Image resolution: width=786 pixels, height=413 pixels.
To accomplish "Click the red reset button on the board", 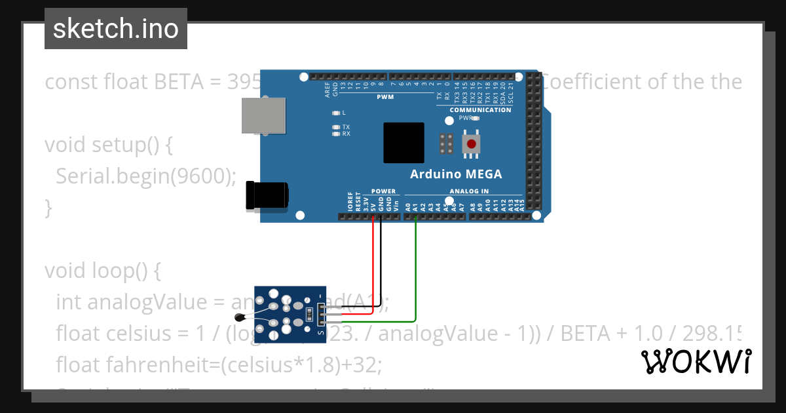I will tap(470, 144).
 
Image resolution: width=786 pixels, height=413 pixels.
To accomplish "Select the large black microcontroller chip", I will tap(403, 142).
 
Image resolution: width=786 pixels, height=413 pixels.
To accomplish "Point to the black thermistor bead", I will tap(244, 318).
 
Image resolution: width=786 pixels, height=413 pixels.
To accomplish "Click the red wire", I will tap(373, 262).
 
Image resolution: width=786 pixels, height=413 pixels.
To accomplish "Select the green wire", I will tap(416, 275).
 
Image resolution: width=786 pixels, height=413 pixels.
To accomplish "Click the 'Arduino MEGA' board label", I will tap(456, 174).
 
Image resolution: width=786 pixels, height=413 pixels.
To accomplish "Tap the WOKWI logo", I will tap(696, 362).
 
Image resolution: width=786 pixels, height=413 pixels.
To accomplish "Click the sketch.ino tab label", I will tap(115, 29).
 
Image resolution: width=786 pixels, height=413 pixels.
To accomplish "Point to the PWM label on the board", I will tap(385, 97).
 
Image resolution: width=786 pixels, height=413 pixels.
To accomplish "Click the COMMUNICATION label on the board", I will tap(480, 110).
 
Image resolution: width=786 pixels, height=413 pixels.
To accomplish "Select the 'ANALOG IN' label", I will tap(469, 191).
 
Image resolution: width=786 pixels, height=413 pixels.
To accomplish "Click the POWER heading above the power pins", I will tap(383, 191).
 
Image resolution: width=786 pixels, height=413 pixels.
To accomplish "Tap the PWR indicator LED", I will tap(476, 119).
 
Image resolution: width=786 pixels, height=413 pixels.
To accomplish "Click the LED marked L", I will tap(337, 113).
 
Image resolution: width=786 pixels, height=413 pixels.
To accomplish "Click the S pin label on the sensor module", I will tap(320, 333).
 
